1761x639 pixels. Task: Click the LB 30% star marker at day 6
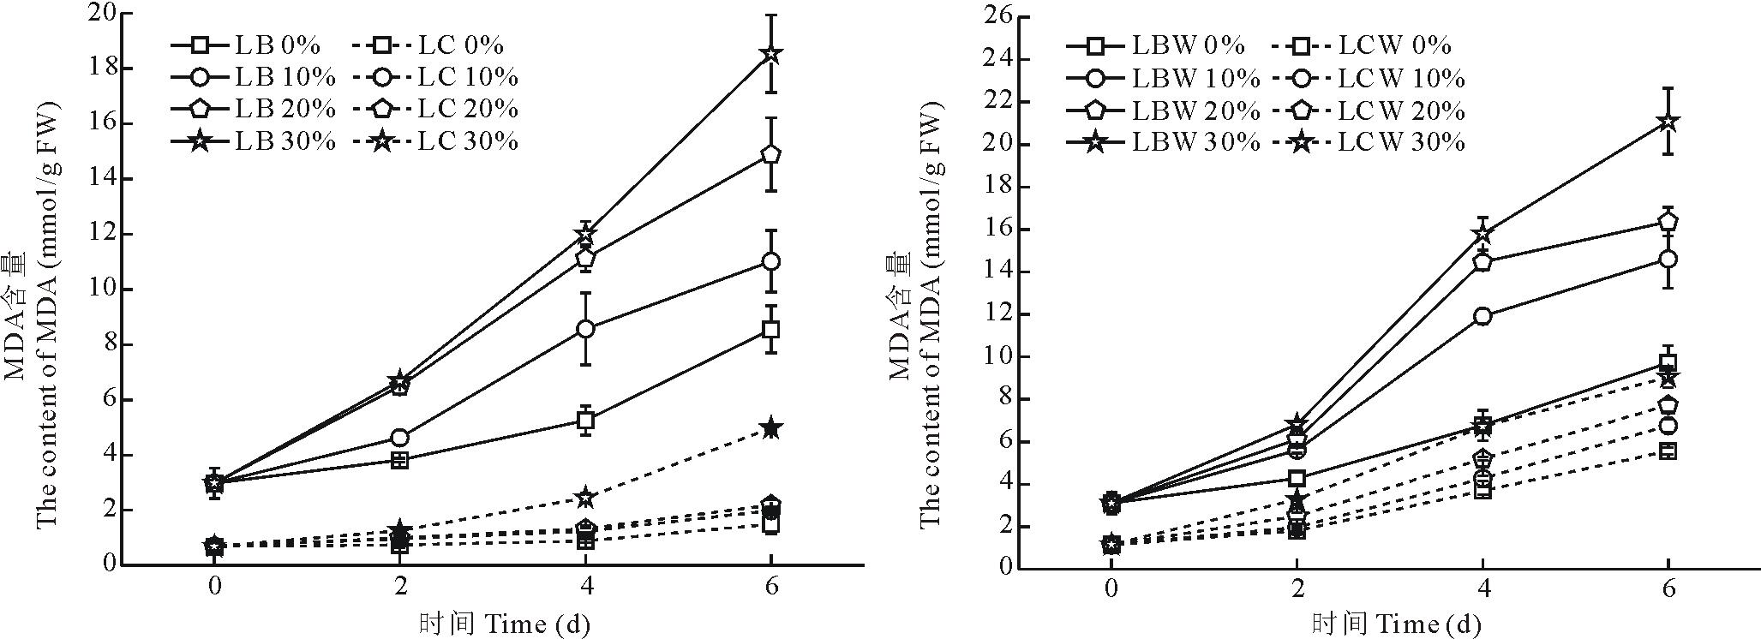point(770,54)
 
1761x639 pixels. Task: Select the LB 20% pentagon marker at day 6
point(770,154)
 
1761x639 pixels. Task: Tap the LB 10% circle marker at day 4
point(586,329)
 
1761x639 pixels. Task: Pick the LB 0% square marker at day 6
point(770,329)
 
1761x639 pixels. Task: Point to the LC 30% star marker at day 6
point(770,428)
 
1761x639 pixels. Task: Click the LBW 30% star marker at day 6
point(1668,122)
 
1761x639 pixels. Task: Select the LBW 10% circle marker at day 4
point(1482,316)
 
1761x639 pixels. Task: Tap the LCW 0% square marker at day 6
point(1668,451)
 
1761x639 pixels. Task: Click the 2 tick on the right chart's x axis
point(1297,590)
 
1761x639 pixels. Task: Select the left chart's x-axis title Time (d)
point(505,623)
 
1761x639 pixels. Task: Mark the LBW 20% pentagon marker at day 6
point(1668,221)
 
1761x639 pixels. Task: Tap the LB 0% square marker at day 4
point(586,420)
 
